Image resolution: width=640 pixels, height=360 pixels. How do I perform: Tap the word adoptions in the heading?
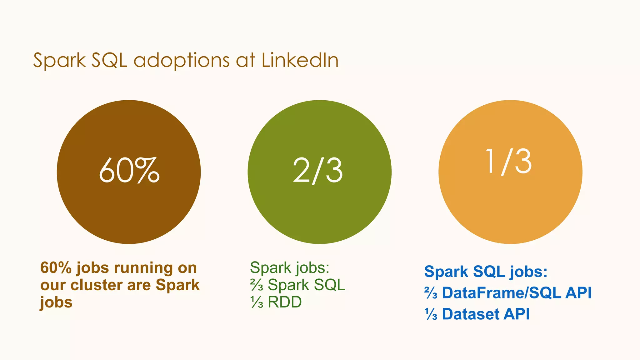tap(182, 61)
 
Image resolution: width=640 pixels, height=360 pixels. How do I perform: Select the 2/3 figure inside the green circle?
tap(318, 171)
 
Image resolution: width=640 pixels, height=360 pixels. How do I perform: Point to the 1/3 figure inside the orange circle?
tap(508, 162)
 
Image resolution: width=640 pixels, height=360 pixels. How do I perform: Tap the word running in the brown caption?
tap(143, 268)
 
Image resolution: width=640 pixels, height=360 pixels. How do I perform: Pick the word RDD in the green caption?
tap(285, 302)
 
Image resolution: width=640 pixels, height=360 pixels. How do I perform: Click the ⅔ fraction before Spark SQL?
tap(257, 285)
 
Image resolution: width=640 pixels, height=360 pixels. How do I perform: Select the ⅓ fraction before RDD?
tap(257, 302)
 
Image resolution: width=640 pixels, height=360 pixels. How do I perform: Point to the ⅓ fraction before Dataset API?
tap(431, 314)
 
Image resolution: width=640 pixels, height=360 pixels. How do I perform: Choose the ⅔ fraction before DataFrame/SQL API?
tap(431, 293)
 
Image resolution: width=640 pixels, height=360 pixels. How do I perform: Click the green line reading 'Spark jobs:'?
tap(289, 268)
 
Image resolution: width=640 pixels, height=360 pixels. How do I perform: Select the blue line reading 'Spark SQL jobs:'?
tap(486, 272)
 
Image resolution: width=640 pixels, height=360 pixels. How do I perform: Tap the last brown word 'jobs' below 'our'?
tap(56, 302)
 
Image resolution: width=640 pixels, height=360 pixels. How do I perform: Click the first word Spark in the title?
tap(59, 61)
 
